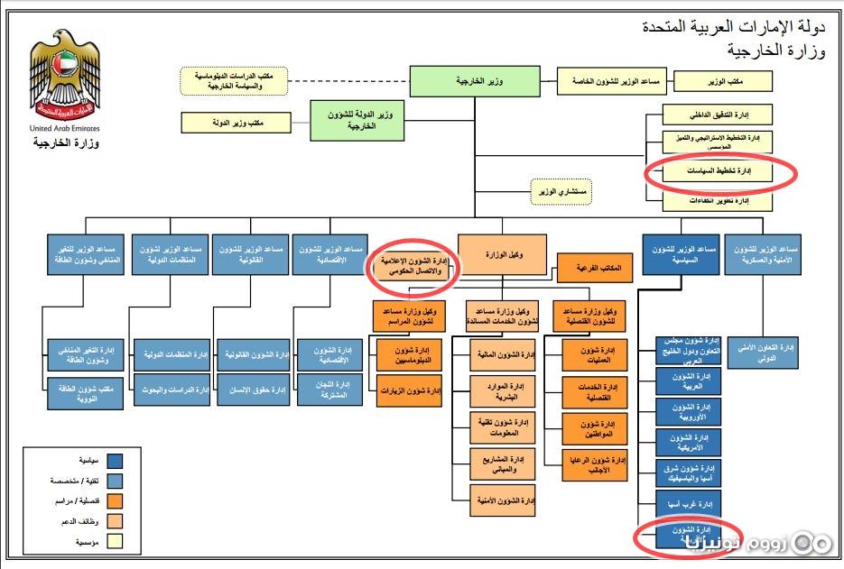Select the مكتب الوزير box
coord(725,81)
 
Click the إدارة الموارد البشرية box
coord(503,390)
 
